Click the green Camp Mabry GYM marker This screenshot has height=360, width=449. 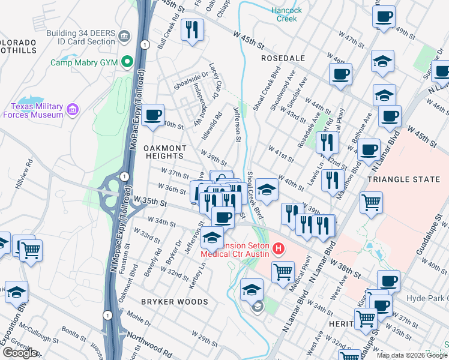127,62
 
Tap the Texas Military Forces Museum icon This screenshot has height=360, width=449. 73,109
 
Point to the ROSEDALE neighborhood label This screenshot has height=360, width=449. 283,58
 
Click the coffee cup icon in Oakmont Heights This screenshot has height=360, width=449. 153,114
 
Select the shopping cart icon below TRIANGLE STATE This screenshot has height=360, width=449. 371,202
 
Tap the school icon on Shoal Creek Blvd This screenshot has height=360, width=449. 266,190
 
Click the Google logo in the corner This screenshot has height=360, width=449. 20,353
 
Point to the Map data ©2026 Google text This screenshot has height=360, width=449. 412,355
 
